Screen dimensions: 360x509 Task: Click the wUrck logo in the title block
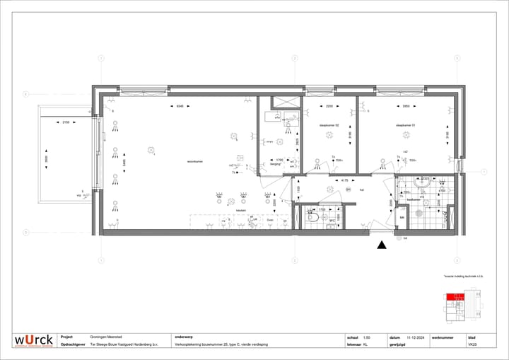pyautogui.click(x=35, y=340)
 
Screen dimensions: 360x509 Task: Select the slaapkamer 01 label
pyautogui.click(x=404, y=124)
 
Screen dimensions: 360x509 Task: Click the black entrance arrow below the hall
pyautogui.click(x=382, y=245)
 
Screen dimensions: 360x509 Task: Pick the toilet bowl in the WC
pyautogui.click(x=311, y=219)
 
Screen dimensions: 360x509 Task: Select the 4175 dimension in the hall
pyautogui.click(x=344, y=181)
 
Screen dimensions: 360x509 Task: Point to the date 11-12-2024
pyautogui.click(x=415, y=337)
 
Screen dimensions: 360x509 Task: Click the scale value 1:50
pyautogui.click(x=366, y=337)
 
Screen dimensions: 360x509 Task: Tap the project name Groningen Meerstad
pyautogui.click(x=105, y=337)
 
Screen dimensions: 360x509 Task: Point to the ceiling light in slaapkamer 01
pyautogui.click(x=405, y=135)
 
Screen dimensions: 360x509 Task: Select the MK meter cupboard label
pyautogui.click(x=402, y=218)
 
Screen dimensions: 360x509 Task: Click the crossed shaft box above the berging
pyautogui.click(x=287, y=102)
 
